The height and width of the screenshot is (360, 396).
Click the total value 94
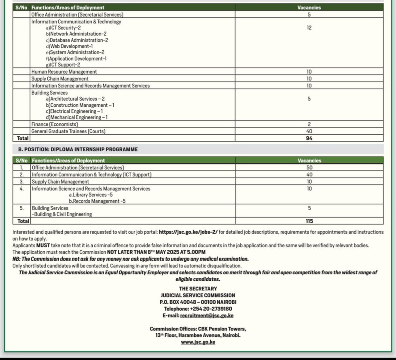tap(309, 138)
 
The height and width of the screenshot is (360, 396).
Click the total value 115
tap(309, 221)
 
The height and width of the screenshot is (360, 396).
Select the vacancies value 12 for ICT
tap(309, 28)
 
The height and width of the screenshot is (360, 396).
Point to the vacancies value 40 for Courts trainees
tap(309, 131)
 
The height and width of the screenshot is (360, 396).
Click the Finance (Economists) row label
tap(55, 125)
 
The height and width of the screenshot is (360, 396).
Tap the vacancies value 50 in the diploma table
tap(309, 167)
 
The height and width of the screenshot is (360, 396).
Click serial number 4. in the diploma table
tap(22, 188)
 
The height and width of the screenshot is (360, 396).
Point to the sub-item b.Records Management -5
tap(97, 201)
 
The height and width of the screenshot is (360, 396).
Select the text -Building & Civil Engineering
tap(62, 214)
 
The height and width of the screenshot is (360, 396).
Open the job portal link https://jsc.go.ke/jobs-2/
tap(188, 232)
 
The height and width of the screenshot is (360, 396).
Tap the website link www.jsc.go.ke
tap(198, 342)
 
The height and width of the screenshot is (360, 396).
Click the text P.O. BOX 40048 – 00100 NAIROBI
tap(198, 302)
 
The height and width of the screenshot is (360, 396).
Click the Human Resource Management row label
tap(64, 72)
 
